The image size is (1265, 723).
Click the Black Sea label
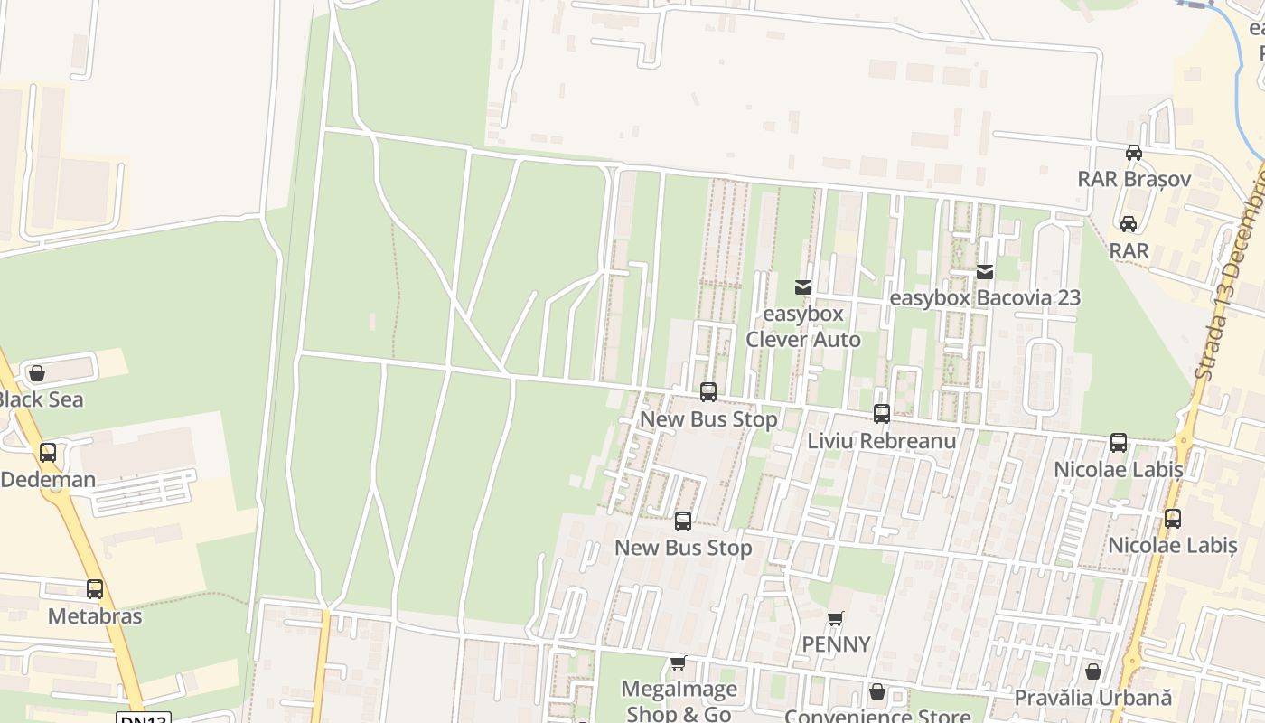click(42, 399)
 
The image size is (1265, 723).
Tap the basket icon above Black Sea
click(37, 373)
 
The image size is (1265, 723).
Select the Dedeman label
click(48, 479)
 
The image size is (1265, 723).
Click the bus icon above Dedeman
click(48, 453)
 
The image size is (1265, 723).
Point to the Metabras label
click(95, 616)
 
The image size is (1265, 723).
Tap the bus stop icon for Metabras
click(95, 589)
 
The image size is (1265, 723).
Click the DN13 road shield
click(143, 718)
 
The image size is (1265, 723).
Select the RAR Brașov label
click(1134, 178)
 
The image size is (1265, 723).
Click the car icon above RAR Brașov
click(1134, 153)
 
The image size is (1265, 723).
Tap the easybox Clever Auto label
click(803, 327)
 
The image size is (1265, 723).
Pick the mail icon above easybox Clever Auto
click(803, 287)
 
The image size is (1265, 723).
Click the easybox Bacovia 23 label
click(985, 297)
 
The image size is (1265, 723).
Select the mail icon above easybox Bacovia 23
click(985, 271)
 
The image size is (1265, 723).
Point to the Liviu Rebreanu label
click(881, 441)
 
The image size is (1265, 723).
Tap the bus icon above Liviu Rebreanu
click(882, 414)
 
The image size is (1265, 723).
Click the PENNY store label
click(837, 644)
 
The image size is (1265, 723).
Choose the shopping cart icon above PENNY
click(836, 619)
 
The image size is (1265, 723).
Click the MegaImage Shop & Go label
click(679, 700)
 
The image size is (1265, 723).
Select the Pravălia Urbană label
click(1092, 698)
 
